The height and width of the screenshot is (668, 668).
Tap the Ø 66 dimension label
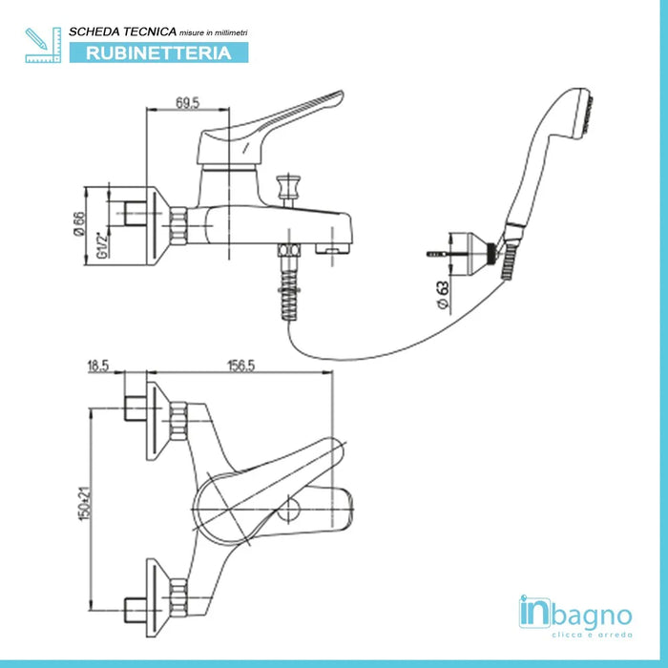81,224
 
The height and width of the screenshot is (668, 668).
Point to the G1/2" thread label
102,251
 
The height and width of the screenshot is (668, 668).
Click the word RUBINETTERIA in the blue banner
158,53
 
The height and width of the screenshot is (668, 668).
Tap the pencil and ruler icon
41,45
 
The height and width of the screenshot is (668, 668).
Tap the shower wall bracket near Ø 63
473,249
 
